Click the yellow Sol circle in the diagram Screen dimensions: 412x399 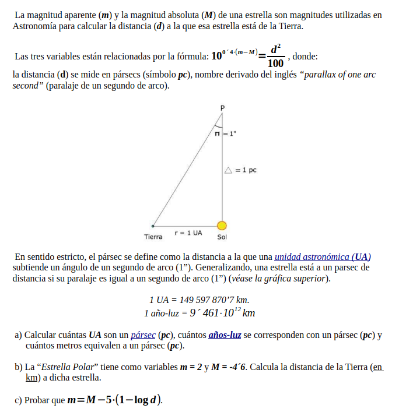[222, 226]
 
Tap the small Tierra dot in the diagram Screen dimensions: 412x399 [153, 226]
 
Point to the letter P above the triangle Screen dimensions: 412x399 [222, 108]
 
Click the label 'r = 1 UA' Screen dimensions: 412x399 [188, 233]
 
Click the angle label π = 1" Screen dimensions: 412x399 [225, 134]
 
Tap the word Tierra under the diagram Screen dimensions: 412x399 [153, 237]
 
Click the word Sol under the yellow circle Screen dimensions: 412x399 [222, 237]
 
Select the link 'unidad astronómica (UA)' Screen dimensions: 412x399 [323, 256]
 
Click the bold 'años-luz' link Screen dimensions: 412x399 [225, 335]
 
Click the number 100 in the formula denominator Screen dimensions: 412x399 [276, 64]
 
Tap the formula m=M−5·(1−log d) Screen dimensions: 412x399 [115, 400]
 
